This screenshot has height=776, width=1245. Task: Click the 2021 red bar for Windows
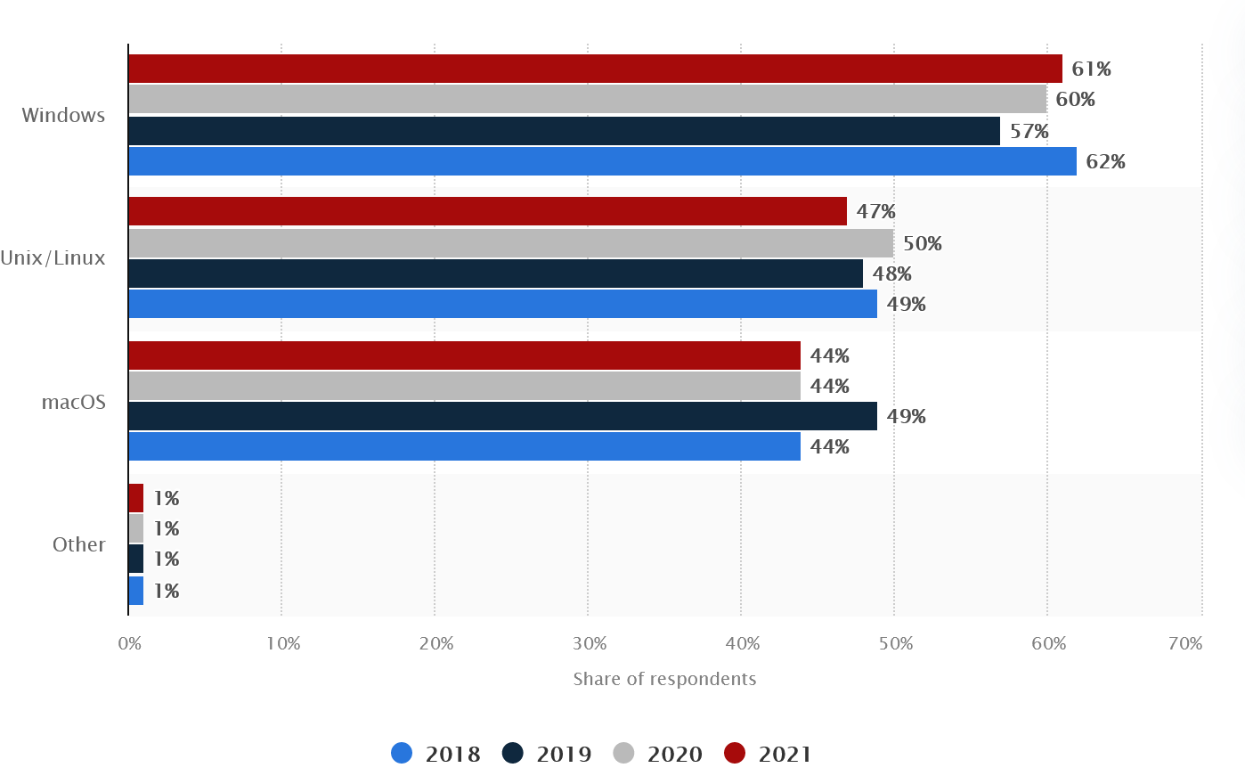point(595,69)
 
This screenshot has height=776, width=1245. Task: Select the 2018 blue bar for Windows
point(602,161)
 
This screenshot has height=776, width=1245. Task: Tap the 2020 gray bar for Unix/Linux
point(510,243)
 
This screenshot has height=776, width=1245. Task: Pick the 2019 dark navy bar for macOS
point(502,416)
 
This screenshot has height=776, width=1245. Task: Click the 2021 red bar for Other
point(136,498)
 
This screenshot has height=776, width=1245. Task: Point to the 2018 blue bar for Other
point(136,591)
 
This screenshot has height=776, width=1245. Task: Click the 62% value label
point(1105,161)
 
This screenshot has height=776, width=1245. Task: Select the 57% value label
point(1029,131)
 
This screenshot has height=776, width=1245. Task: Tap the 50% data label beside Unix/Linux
point(922,243)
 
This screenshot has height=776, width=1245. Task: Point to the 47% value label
point(875,211)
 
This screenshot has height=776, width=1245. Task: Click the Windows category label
point(63,115)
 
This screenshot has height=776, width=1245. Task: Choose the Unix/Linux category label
point(53,258)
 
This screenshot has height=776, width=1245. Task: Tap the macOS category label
point(74,402)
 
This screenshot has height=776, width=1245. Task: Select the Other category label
point(79,544)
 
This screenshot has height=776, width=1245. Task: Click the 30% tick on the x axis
point(589,643)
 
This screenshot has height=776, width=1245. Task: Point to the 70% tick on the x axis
point(1184,643)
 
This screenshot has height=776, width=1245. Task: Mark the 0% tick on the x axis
point(130,643)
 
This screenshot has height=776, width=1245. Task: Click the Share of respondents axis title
point(664,679)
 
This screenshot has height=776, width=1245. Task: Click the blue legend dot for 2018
point(402,754)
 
